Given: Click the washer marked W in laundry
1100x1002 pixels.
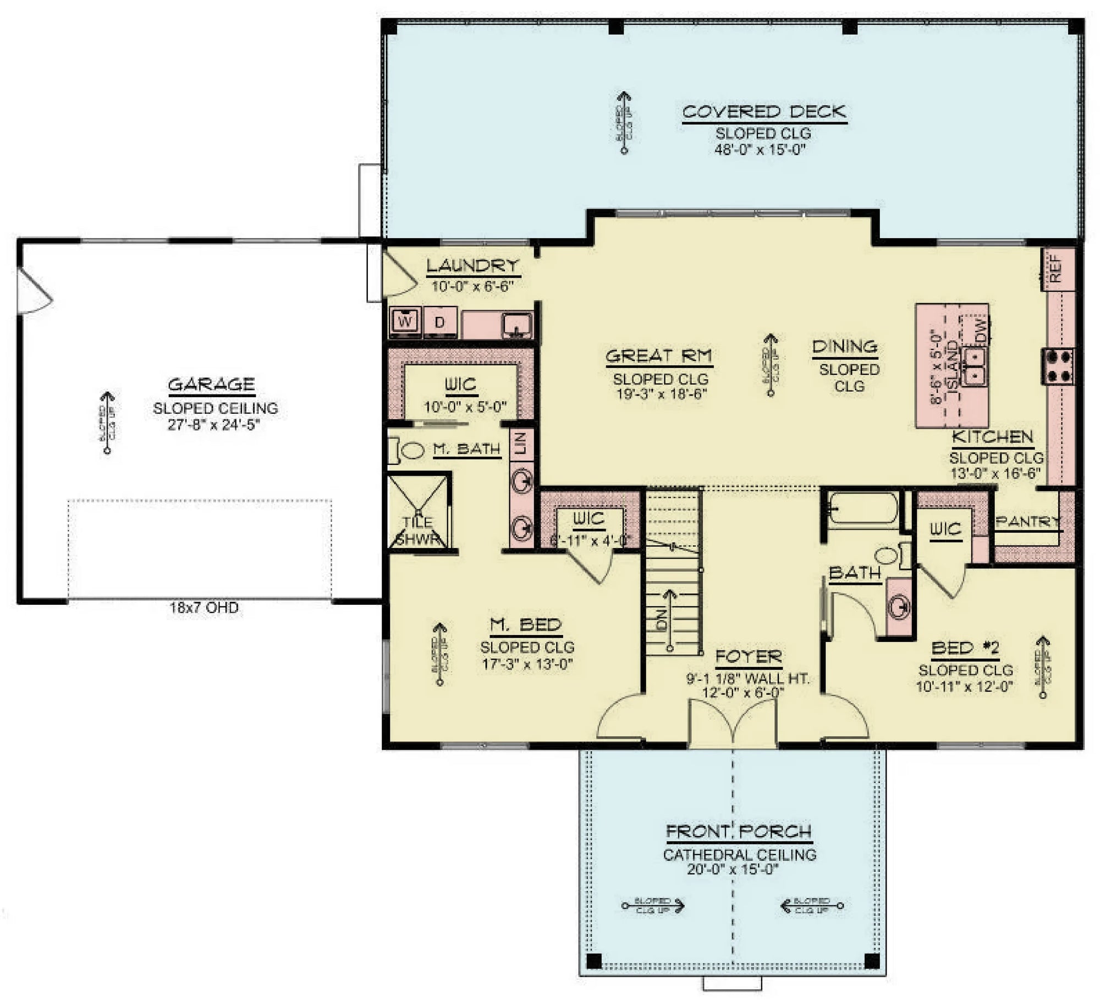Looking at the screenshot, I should [x=405, y=321].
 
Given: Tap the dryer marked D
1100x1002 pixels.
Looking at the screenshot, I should [x=439, y=322].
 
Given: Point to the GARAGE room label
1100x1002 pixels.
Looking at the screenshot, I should [x=211, y=384].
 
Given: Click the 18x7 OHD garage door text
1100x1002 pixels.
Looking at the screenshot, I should [x=204, y=607].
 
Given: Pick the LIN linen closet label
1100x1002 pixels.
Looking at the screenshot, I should [x=521, y=443].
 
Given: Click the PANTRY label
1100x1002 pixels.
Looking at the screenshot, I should [x=1027, y=521].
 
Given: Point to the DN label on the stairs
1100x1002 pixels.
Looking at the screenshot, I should [x=662, y=620].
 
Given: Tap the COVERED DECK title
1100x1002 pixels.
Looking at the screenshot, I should [x=764, y=112].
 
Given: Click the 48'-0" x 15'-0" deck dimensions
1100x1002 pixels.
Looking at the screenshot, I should [x=760, y=149].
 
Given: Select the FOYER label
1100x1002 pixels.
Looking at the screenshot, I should [x=748, y=656].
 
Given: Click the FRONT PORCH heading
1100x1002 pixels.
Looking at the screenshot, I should [x=739, y=831].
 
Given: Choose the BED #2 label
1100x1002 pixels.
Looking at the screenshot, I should [x=965, y=649].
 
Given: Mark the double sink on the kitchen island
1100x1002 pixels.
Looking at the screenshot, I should [x=976, y=366].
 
